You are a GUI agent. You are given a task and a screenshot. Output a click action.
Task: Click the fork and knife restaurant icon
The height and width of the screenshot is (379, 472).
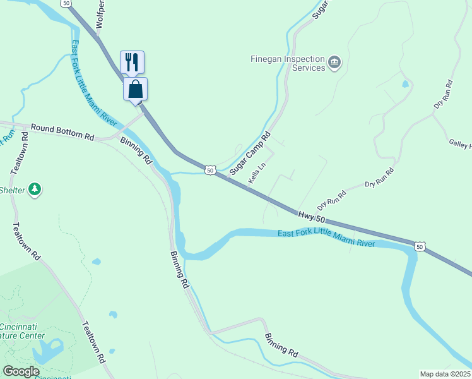[132, 62]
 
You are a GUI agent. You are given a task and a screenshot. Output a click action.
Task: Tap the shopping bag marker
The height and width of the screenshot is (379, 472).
[135, 89]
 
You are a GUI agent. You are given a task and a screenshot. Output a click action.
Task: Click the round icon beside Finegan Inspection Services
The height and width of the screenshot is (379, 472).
[334, 63]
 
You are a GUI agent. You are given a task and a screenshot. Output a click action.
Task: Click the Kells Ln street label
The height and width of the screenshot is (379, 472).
[256, 172]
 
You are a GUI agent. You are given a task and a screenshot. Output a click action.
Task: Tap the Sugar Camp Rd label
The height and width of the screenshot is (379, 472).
[250, 153]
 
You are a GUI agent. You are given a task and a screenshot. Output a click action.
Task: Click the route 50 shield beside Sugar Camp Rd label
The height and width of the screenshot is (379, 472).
[211, 169]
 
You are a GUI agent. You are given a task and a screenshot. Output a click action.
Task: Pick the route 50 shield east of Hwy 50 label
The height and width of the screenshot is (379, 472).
[419, 246]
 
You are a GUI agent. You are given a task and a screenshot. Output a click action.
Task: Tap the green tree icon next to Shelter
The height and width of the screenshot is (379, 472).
[35, 189]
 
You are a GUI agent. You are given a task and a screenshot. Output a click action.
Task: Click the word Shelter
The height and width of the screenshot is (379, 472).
[11, 190]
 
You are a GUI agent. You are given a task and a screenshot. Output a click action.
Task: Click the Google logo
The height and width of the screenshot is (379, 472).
[21, 371]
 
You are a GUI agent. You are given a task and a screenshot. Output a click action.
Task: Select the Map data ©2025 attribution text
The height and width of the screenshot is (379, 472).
[445, 374]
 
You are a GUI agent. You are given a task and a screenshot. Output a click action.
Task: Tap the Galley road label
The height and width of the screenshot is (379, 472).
[459, 146]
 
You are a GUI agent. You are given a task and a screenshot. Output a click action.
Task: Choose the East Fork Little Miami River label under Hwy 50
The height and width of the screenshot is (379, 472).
[327, 239]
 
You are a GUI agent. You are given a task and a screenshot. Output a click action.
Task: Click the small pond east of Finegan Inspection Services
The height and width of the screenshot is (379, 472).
[405, 83]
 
